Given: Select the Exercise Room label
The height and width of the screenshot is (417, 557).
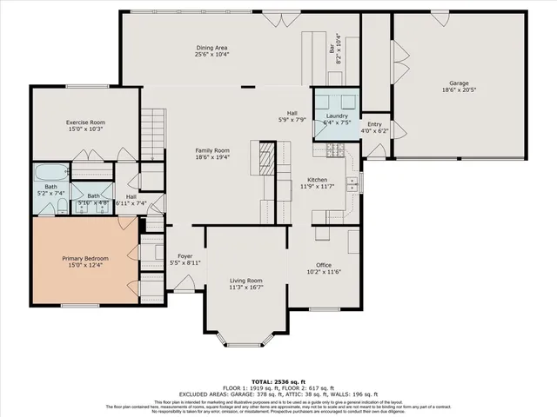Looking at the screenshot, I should click(84, 122).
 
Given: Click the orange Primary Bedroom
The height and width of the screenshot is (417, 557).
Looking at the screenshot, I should click(84, 261).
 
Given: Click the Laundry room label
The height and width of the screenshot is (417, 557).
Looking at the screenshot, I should click(337, 116).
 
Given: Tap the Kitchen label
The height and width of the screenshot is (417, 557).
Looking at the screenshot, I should click(317, 180).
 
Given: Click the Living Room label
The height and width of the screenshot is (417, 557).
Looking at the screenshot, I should click(246, 281).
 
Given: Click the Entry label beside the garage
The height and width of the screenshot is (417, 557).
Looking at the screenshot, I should click(374, 124).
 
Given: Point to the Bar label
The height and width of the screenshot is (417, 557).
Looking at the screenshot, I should click(332, 50).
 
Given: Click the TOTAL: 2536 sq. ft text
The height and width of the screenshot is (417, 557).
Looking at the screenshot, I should click(278, 381).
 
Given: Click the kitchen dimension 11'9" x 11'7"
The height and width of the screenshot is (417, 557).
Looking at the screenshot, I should click(317, 187).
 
